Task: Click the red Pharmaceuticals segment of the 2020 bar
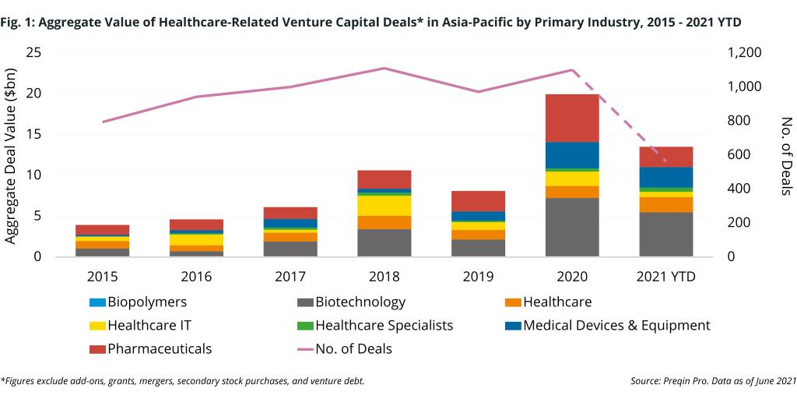tap(571, 118)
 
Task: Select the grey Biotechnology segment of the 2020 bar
tap(571, 227)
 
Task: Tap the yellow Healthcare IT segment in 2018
tap(384, 205)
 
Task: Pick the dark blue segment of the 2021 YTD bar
tap(665, 177)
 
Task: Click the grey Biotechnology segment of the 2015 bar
tap(103, 252)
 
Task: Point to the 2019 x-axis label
tap(478, 277)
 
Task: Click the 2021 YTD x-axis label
tap(665, 277)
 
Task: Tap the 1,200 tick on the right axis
tap(744, 52)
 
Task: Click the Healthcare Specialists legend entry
tap(377, 325)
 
